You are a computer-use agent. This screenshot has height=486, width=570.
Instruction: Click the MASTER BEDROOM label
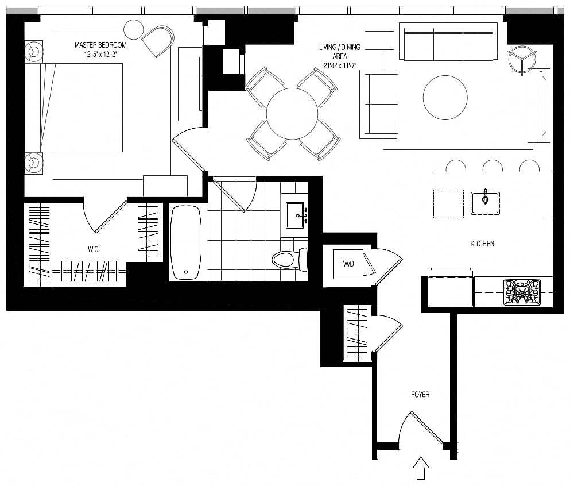point(100,45)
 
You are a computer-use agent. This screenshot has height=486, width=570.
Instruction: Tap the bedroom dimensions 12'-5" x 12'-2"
point(100,55)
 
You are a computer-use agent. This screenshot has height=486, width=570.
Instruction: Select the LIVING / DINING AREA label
point(339,52)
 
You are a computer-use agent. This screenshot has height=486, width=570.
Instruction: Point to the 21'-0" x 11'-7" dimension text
point(339,65)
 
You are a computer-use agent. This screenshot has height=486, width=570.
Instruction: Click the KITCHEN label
point(482,244)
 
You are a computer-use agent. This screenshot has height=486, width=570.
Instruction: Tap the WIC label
point(93,249)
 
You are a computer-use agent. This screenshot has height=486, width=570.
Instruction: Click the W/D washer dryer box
point(348,264)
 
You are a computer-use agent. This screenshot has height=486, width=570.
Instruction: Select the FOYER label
point(420,394)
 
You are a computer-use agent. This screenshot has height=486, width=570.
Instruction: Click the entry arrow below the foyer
point(421,468)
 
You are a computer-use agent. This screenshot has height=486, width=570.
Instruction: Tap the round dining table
point(292,114)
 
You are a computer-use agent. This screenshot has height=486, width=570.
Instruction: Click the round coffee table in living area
point(445,98)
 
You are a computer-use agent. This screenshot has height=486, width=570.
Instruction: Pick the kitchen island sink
point(485,203)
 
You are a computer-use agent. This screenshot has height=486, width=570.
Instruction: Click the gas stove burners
point(522,292)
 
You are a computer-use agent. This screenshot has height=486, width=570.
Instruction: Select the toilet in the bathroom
point(289,260)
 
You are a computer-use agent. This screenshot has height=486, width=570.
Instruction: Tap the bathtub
point(186,242)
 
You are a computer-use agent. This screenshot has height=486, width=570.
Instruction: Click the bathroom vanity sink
point(294,215)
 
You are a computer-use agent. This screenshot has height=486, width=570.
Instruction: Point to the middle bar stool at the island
point(493,166)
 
